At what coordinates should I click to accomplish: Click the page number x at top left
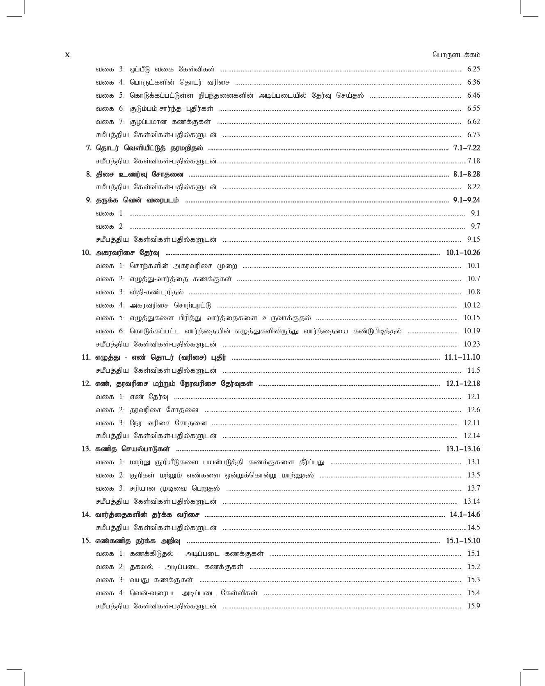click(x=68, y=55)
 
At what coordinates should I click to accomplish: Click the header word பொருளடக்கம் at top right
click(x=456, y=55)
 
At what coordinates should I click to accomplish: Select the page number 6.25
click(x=473, y=69)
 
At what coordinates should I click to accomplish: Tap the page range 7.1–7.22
click(x=467, y=148)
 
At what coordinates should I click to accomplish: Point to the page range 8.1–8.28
click(x=467, y=174)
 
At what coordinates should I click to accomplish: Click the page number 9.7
click(x=475, y=227)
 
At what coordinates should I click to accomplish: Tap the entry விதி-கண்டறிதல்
click(x=156, y=292)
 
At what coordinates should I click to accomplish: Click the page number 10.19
click(x=472, y=331)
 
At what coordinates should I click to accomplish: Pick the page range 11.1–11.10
click(x=462, y=358)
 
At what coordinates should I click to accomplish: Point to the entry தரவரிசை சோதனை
click(x=164, y=410)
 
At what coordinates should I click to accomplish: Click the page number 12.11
click(x=472, y=423)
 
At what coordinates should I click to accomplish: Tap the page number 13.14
click(x=472, y=502)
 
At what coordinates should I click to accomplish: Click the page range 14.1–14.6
click(x=465, y=515)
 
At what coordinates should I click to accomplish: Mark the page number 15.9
click(x=474, y=606)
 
